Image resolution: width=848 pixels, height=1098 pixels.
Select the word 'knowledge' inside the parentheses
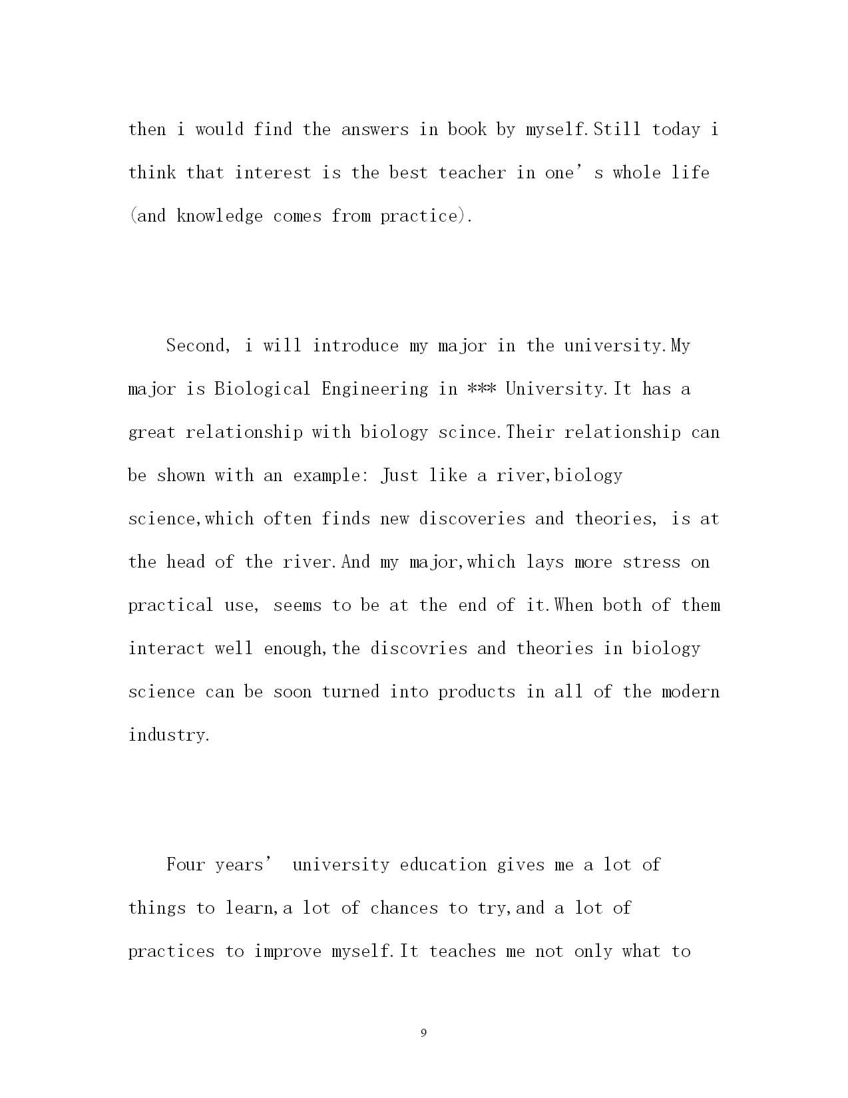pyautogui.click(x=220, y=216)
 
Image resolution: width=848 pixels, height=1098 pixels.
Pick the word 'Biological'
pyautogui.click(x=262, y=389)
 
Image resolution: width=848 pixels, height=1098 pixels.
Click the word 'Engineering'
pyautogui.click(x=375, y=389)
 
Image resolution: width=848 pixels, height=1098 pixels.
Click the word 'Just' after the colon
pyautogui.click(x=399, y=476)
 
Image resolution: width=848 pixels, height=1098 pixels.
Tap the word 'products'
pyautogui.click(x=477, y=692)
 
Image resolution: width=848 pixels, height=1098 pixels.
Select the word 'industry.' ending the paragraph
pyautogui.click(x=169, y=735)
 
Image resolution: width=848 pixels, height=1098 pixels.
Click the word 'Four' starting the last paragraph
pyautogui.click(x=186, y=865)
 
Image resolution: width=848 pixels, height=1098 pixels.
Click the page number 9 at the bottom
pyautogui.click(x=424, y=1033)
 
